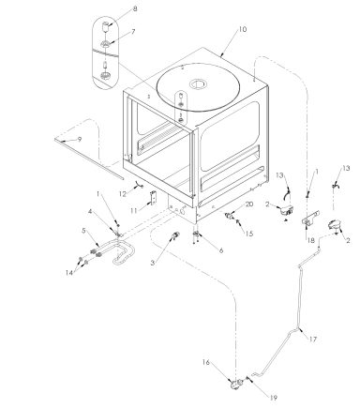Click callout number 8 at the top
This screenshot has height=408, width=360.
click(133, 8)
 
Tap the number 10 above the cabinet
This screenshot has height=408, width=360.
click(242, 30)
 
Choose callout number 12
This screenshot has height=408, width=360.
click(123, 193)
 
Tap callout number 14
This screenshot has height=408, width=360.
click(69, 273)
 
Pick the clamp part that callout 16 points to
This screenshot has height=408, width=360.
click(228, 381)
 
